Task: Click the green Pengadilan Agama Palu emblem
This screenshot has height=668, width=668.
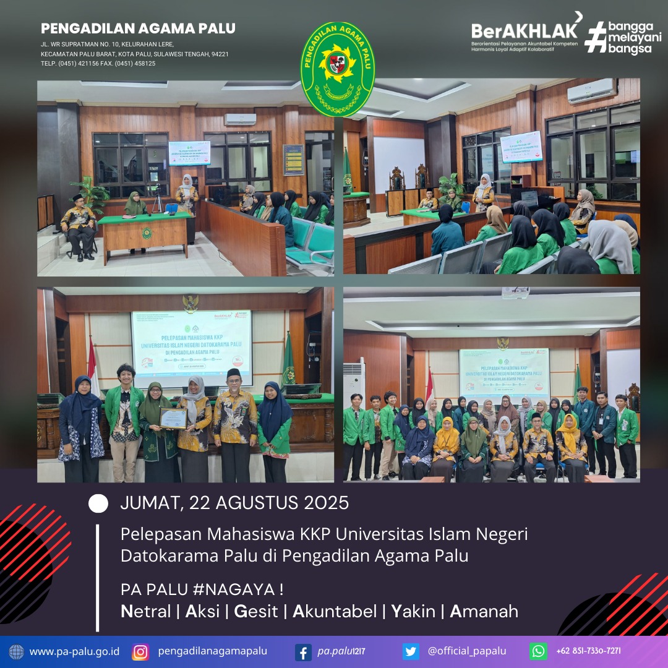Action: (337, 69)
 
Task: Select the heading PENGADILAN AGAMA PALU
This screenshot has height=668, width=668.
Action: (138, 28)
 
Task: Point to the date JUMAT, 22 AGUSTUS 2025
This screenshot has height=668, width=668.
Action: (234, 503)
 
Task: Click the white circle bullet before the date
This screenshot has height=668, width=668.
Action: (98, 503)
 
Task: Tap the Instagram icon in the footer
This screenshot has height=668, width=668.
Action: (140, 651)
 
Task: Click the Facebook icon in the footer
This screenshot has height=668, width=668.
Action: (303, 651)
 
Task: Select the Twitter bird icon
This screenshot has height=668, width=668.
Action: (411, 651)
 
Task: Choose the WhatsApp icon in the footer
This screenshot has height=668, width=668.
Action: (538, 651)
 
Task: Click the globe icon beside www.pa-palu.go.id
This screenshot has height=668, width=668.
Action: (17, 651)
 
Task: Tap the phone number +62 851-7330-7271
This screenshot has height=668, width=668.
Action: (588, 651)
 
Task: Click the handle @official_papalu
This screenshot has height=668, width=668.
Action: (466, 651)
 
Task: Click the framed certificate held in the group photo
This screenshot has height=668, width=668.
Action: (173, 418)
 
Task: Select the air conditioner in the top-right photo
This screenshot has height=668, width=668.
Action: (592, 91)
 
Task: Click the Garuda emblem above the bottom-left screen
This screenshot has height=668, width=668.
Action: (191, 302)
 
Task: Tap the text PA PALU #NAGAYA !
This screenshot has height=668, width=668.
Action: (202, 589)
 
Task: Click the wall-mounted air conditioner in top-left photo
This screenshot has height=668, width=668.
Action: (240, 119)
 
